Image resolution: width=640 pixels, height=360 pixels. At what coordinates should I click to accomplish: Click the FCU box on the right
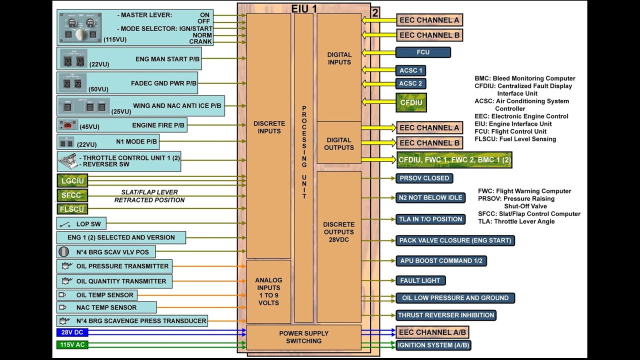click(423, 52)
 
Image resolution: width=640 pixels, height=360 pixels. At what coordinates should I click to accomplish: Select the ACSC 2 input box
click(411, 83)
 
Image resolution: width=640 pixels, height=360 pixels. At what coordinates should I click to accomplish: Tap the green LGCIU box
click(72, 180)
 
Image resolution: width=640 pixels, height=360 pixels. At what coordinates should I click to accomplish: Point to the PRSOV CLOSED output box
click(424, 178)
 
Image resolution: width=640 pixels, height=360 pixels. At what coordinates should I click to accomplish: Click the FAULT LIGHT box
click(420, 280)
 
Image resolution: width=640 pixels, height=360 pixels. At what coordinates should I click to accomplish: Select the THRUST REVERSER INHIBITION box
click(446, 315)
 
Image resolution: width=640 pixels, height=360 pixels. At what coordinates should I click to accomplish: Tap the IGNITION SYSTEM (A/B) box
click(433, 345)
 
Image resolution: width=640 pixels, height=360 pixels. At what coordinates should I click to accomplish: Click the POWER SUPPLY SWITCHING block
click(303, 337)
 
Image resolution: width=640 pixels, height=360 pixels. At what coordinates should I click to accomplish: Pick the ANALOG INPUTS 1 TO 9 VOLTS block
click(268, 291)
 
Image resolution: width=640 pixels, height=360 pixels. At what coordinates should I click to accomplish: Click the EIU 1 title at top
click(304, 8)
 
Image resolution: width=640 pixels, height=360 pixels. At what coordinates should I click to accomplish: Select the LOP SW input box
click(81, 224)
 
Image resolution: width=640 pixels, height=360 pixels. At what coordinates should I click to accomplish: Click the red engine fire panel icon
click(67, 124)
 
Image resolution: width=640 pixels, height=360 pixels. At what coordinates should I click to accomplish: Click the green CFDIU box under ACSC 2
click(411, 102)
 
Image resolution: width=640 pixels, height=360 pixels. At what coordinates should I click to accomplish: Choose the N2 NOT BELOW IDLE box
click(430, 197)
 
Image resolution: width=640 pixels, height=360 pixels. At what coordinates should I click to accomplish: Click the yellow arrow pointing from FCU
click(377, 52)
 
